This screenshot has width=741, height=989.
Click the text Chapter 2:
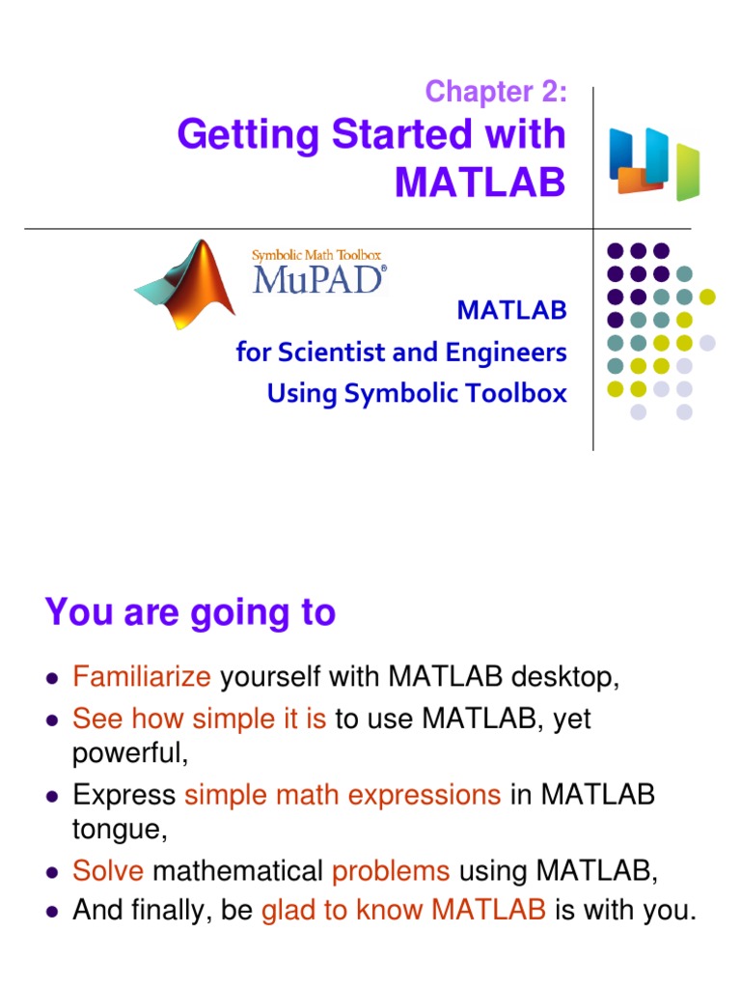pos(495,92)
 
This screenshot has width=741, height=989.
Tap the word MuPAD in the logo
pos(319,279)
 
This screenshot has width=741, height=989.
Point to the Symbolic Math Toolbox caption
pos(316,255)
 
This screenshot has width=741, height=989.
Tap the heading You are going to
pos(190,612)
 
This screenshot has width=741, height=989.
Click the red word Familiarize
pos(141,678)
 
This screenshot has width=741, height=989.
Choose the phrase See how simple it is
pos(199,719)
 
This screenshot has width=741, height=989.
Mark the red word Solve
pos(108,871)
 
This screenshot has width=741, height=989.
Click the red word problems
pos(391,871)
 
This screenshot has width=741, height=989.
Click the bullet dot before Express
pos(53,796)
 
